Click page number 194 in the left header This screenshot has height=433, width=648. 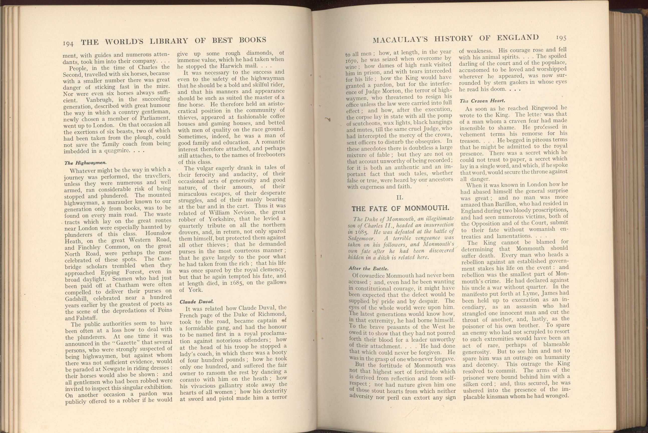pyautogui.click(x=68, y=43)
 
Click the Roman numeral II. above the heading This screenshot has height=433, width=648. pyautogui.click(x=400, y=198)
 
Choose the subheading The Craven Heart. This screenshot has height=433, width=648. pyautogui.click(x=482, y=101)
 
